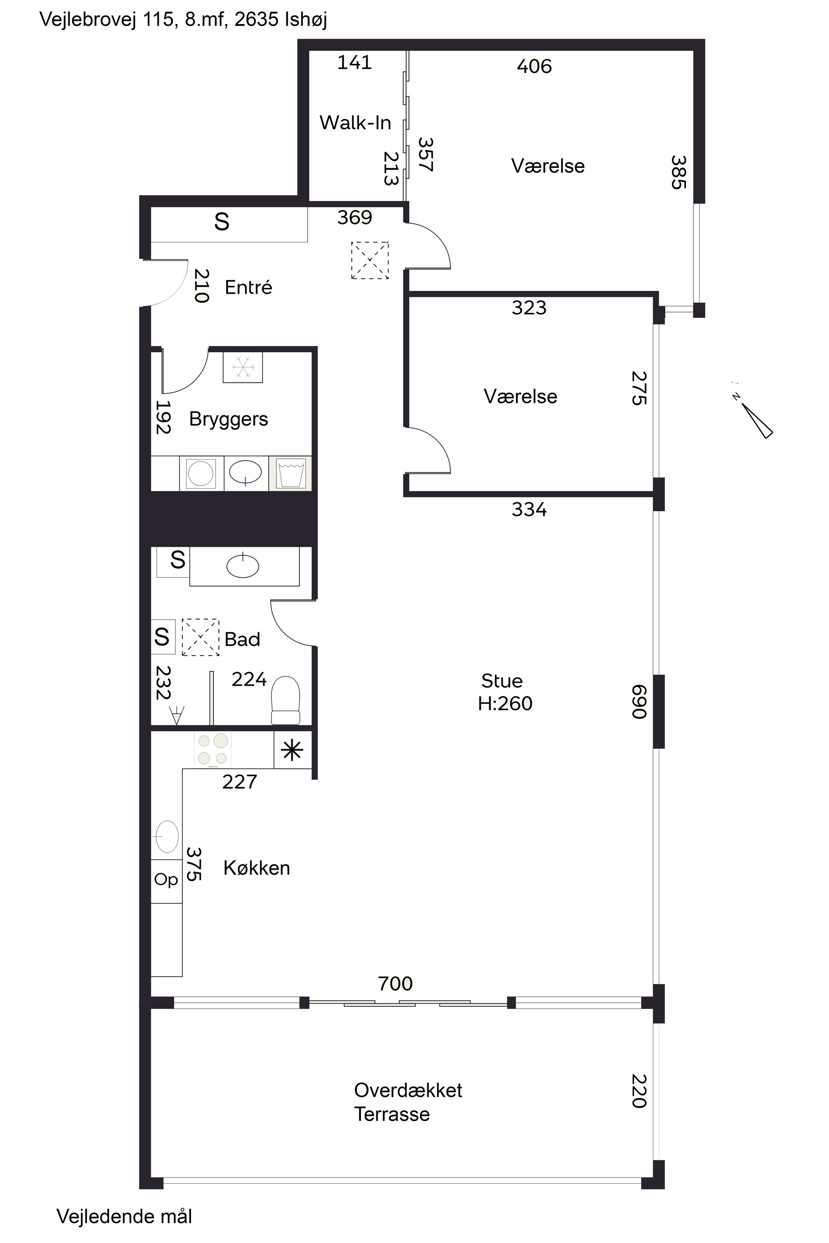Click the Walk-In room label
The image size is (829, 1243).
coord(355,123)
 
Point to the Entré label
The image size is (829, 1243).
coord(248,287)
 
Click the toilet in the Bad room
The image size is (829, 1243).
coord(286,700)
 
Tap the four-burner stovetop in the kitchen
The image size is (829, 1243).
coord(213,750)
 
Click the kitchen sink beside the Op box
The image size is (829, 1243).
coord(166,837)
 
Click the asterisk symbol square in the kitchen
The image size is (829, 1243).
coord(292,750)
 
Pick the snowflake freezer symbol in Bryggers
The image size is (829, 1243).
coord(242,367)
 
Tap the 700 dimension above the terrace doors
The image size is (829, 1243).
coord(395,984)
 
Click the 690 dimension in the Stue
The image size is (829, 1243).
coord(639,702)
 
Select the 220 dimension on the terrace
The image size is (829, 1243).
coord(639,1091)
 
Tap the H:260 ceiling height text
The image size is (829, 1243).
coord(505,704)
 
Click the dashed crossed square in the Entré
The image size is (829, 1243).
coord(370,260)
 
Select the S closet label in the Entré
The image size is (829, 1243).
coord(221,222)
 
